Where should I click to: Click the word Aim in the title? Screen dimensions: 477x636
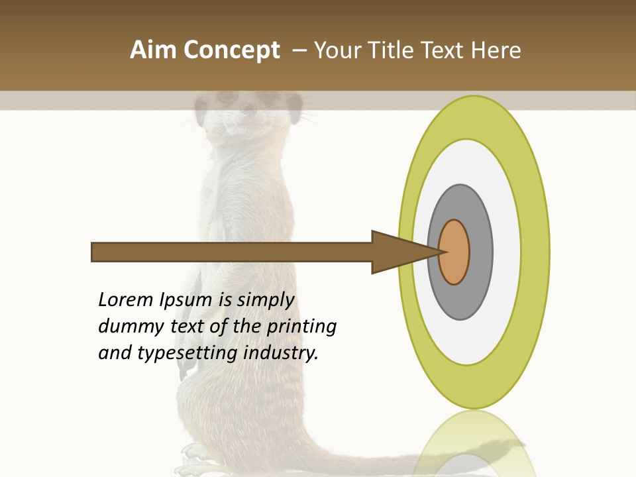click(153, 50)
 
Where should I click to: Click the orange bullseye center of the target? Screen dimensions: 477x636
click(454, 252)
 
